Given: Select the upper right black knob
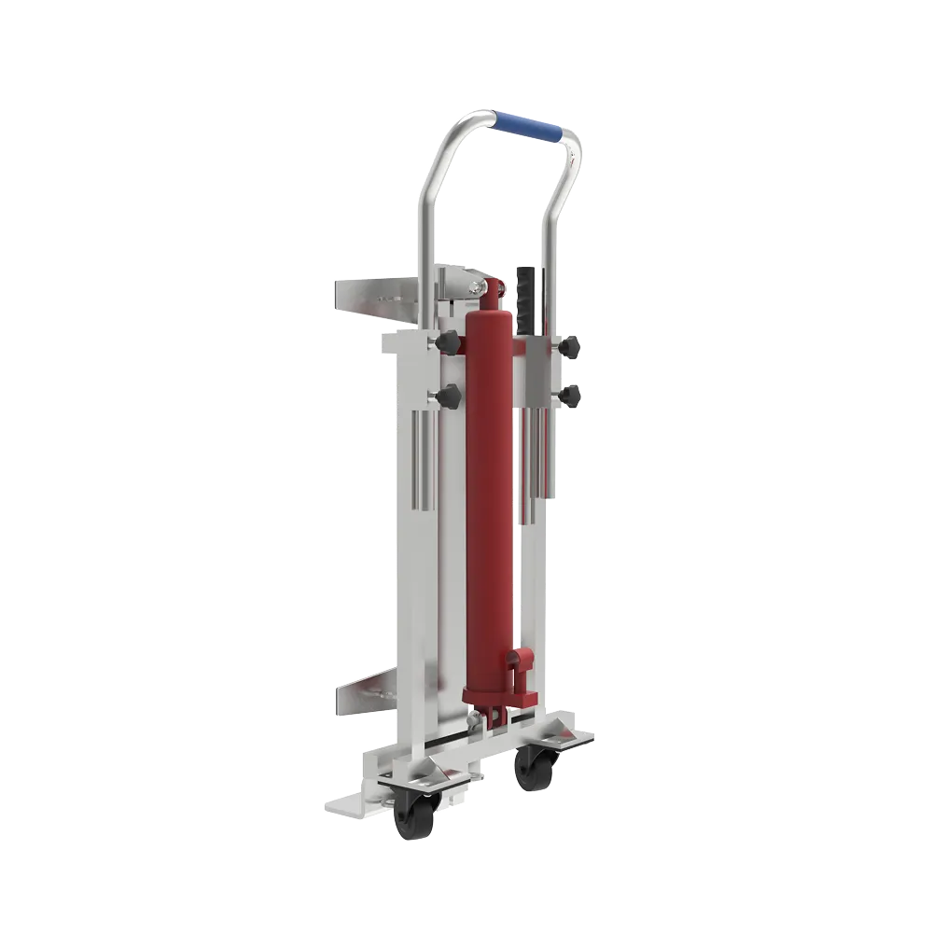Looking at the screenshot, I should pyautogui.click(x=569, y=347).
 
